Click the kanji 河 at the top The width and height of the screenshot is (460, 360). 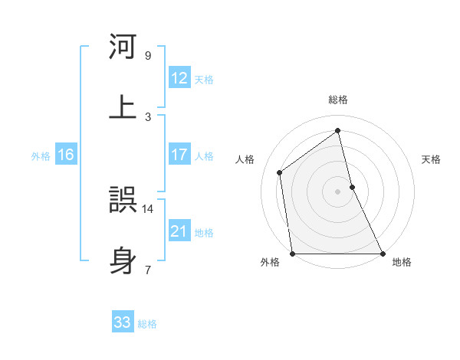123,47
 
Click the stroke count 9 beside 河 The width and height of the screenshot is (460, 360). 147,56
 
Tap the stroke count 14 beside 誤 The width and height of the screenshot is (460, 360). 147,208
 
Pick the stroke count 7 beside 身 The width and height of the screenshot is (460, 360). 147,270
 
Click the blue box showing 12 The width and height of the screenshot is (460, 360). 179,78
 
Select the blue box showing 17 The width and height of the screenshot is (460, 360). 179,155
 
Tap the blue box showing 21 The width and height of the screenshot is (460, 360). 179,231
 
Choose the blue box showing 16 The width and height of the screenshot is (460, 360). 66,155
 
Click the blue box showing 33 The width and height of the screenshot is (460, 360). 123,322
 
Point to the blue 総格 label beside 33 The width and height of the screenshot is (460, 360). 147,324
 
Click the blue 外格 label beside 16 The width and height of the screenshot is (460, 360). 41,156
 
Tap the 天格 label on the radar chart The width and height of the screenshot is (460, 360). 431,159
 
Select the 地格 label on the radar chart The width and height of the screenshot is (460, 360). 402,262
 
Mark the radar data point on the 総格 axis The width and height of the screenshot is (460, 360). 337,130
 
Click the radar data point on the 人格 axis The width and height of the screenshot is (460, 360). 280,172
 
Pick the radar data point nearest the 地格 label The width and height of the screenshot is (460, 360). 382,254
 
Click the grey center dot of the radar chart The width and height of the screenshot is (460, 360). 337,191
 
